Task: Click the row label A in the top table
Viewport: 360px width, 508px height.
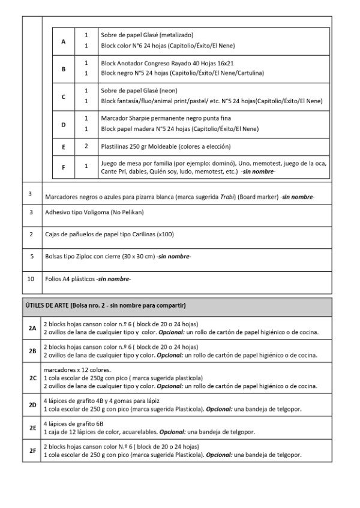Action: pos(64,41)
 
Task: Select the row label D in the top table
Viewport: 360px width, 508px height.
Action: pos(64,124)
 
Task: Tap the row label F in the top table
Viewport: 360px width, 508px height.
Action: pos(64,167)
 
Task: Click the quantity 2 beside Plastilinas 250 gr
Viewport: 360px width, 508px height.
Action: pos(86,146)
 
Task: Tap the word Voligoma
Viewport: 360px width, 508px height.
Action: pos(95,212)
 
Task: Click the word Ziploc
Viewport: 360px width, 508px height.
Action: pos(85,256)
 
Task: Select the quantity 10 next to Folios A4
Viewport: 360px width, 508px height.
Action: pos(31,278)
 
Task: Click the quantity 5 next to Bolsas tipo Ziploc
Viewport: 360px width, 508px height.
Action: pos(31,256)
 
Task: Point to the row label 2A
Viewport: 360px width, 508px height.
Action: pos(32,328)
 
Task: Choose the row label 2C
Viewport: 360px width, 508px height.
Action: pos(32,378)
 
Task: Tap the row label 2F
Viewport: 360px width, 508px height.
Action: pos(32,450)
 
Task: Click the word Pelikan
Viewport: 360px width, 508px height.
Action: pos(132,212)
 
